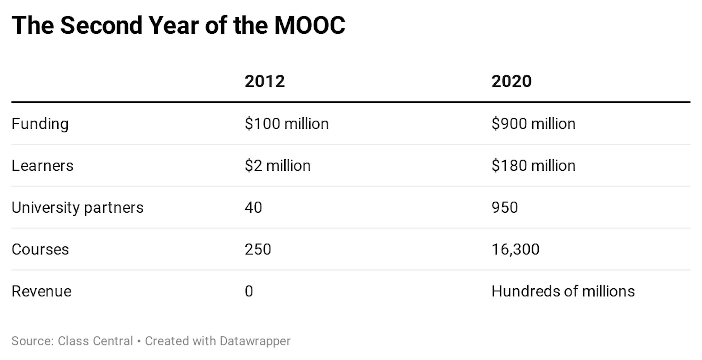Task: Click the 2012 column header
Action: (265, 81)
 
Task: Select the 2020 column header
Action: (511, 81)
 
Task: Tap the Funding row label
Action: (40, 124)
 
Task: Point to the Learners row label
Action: (42, 166)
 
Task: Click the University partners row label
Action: (77, 208)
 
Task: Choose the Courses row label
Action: (40, 249)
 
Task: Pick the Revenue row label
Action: (41, 291)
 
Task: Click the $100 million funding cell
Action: (287, 124)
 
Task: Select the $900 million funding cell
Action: (533, 124)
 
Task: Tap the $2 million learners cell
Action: (277, 166)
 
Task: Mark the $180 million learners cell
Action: (533, 166)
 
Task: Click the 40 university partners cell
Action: (253, 208)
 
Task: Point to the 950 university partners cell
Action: (505, 208)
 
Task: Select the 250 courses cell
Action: (258, 249)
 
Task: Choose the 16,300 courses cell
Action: (515, 249)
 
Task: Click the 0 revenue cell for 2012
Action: (249, 291)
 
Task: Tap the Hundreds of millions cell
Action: (563, 291)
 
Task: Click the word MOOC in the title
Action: (310, 25)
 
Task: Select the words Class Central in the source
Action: (95, 341)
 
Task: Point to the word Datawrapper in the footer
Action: (255, 341)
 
